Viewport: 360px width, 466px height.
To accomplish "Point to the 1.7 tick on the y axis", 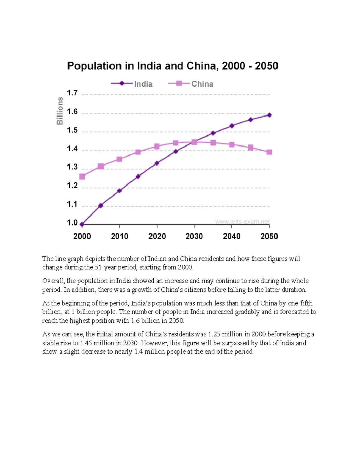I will [72, 93].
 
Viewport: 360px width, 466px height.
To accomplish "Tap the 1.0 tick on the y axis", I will [72, 223].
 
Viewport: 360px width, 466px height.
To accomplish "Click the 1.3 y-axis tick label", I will [72, 167].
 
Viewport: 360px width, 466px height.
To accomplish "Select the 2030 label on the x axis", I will [194, 236].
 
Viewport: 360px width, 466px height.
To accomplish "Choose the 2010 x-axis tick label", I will [119, 236].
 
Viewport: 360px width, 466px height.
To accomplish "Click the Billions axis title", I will [60, 111].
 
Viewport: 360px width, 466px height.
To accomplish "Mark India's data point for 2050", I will [269, 115].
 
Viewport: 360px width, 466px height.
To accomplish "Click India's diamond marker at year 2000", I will [82, 224].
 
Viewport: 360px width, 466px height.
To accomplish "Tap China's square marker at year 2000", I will [82, 177].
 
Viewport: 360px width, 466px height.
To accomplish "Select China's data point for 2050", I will [269, 152].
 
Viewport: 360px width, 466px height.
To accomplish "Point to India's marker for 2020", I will [157, 163].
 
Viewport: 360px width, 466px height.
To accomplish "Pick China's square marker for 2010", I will [119, 159].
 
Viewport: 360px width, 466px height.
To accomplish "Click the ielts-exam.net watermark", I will [242, 222].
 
